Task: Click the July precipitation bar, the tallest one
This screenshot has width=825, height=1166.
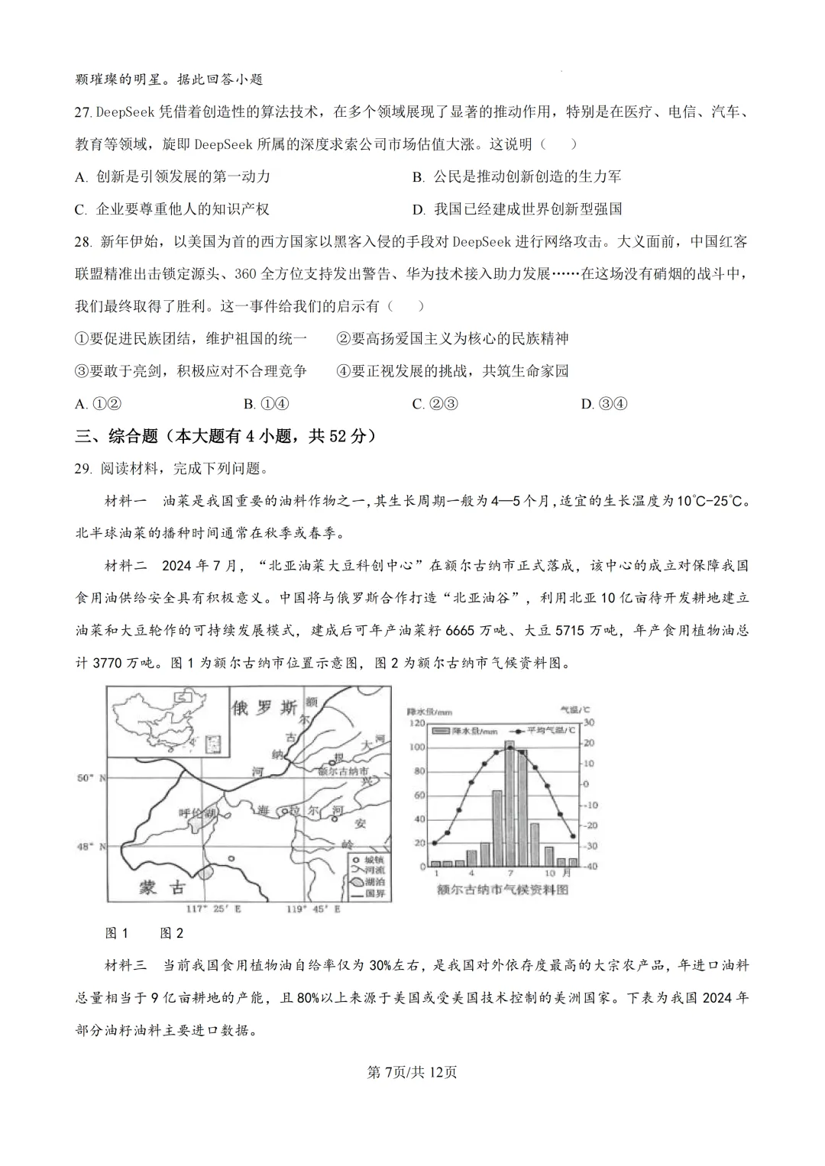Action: coord(510,803)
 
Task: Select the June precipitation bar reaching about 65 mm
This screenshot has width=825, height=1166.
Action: coord(497,828)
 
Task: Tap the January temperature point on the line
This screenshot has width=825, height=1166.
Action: coord(435,843)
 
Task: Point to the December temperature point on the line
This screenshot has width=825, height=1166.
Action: coord(573,837)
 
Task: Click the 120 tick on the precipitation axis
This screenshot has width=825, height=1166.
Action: coord(418,722)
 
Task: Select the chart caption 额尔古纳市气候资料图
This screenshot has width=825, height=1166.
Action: coord(503,890)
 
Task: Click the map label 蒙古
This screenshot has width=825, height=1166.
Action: coord(162,887)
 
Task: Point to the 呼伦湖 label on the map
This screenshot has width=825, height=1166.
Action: coord(192,813)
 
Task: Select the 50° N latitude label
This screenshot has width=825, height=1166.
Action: coord(91,777)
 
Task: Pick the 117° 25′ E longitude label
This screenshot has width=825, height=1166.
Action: coord(213,909)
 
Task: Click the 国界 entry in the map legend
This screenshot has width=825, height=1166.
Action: coord(368,893)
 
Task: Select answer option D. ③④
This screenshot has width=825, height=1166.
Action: coord(603,404)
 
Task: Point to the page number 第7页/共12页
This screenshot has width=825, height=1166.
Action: coord(412,1072)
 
